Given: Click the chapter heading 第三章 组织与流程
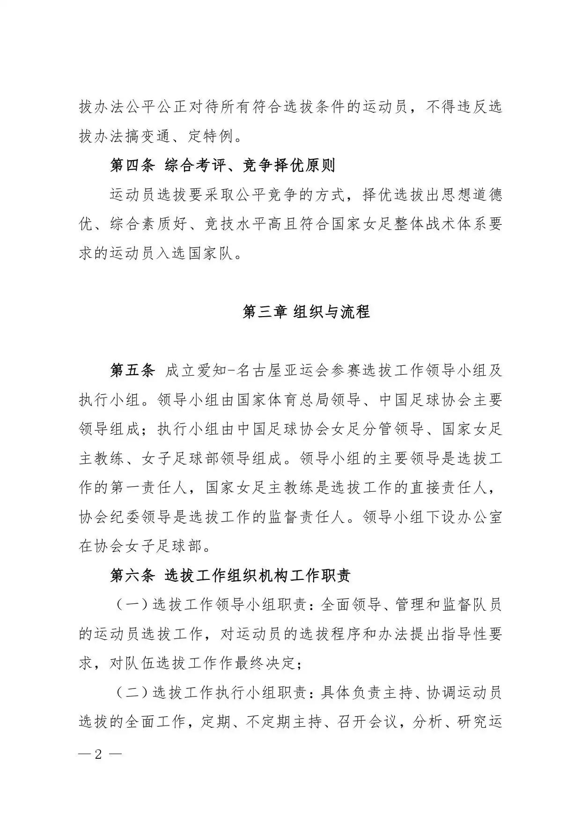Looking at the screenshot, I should [x=306, y=312].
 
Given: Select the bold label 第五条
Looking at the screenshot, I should [x=132, y=370].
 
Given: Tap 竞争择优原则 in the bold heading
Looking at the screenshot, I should [x=289, y=165].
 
